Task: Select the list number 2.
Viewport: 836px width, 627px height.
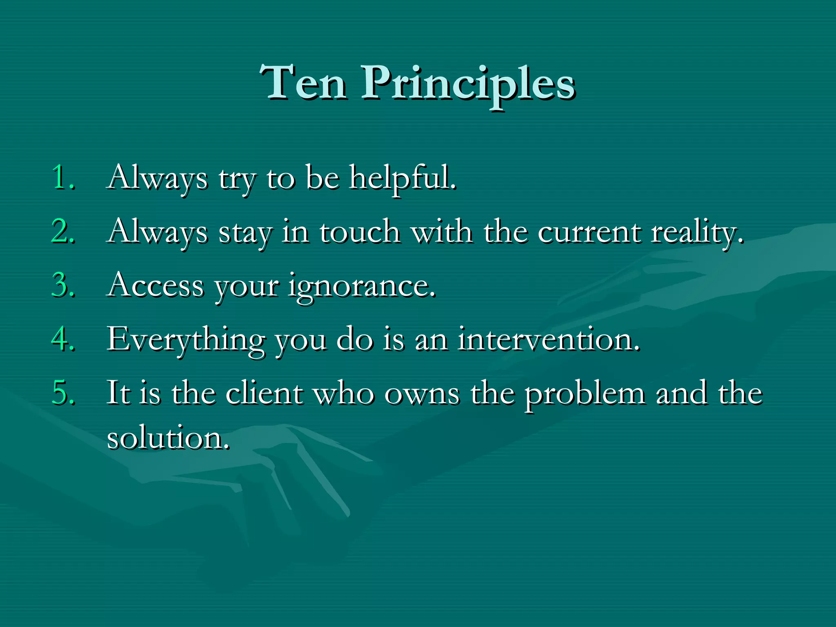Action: [63, 231]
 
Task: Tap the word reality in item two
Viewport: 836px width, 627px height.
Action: [696, 233]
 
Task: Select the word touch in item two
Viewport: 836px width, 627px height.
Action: [359, 232]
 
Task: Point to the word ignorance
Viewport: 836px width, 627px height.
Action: [361, 287]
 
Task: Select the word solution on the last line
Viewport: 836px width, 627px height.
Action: [167, 438]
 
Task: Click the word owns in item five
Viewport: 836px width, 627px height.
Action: [422, 394]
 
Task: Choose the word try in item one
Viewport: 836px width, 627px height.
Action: [237, 180]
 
